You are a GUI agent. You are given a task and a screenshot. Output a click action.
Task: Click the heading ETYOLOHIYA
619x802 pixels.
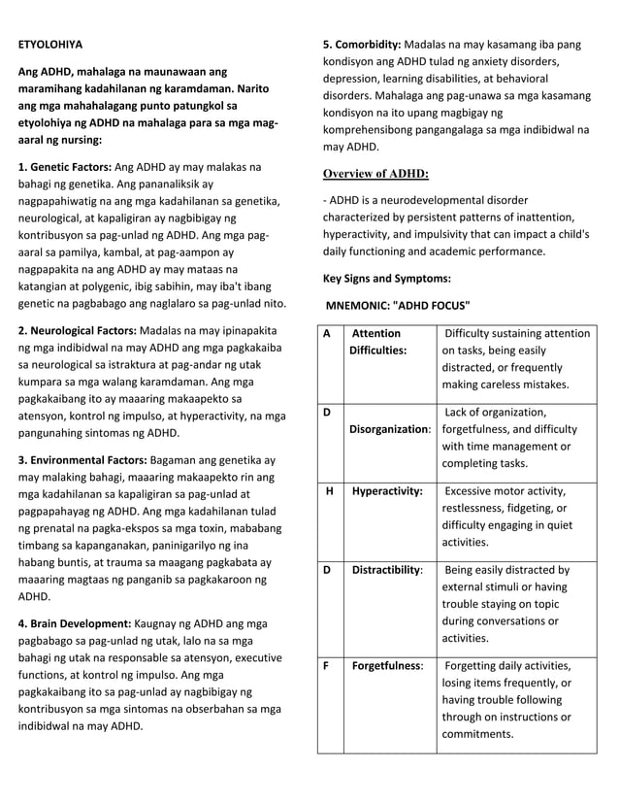point(50,45)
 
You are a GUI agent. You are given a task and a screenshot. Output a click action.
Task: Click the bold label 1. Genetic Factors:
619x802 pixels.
point(65,167)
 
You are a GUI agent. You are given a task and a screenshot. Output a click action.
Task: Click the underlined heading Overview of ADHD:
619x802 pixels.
point(375,174)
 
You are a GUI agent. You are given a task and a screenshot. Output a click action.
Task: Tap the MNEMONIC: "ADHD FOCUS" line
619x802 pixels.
point(398,305)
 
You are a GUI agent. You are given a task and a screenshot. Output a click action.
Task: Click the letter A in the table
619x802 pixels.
point(327,334)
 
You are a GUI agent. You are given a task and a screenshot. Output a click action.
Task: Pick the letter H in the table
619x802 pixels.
point(330,491)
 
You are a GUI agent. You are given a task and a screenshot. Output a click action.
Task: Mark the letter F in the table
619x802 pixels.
point(327,666)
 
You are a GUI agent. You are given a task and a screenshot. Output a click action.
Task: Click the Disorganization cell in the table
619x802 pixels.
point(390,429)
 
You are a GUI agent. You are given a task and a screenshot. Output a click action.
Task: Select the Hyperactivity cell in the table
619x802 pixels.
point(387,491)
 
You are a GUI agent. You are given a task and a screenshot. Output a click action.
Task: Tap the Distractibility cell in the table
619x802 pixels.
point(387,570)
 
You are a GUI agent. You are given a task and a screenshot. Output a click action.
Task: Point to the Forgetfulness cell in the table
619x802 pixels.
point(387,666)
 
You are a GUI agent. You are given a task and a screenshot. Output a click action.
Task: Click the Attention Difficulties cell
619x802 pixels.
point(377,342)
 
